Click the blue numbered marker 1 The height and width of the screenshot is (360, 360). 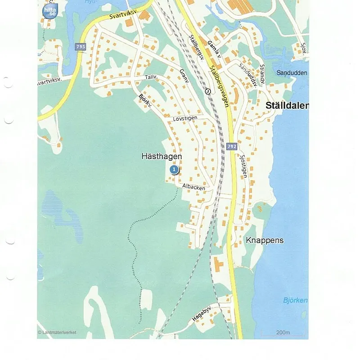click(174, 169)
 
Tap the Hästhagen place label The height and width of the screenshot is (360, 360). click(162, 156)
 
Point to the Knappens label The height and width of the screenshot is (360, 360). click(265, 240)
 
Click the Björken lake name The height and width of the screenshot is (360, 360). click(295, 301)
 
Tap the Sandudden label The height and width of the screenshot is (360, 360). click(292, 73)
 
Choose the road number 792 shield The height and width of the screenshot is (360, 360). click(232, 147)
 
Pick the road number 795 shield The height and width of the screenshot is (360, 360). click(81, 47)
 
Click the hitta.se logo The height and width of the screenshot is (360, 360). click(49, 11)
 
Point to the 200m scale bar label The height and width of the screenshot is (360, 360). click(283, 333)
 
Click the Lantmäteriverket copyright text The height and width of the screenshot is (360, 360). click(57, 333)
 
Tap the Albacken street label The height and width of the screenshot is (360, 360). click(193, 187)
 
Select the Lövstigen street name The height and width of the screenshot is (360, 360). click(185, 118)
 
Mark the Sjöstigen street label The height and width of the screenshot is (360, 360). click(243, 164)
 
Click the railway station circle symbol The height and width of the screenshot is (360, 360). click(207, 91)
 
